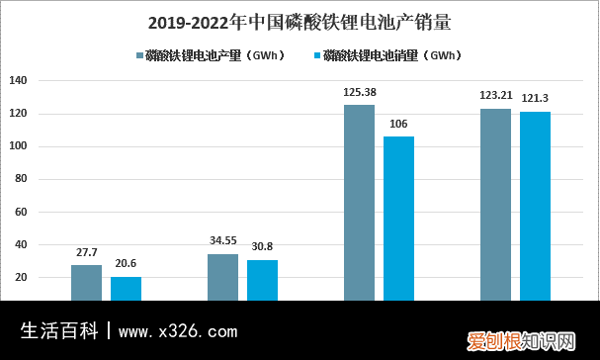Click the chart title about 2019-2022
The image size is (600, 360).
pos(299,21)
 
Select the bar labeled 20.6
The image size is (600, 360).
pos(126,288)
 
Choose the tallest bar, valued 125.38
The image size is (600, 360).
pos(359,202)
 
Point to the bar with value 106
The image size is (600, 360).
pos(398,218)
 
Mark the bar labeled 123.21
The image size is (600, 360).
pos(495,204)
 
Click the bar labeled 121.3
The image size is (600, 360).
pos(535,205)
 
